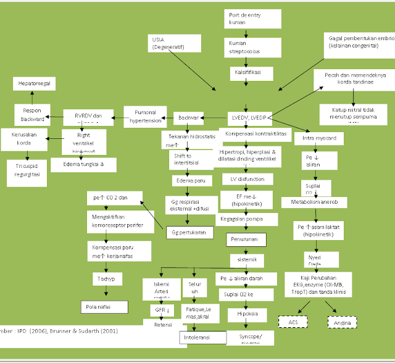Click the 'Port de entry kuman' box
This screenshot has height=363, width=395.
245,18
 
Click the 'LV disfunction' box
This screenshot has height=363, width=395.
247,179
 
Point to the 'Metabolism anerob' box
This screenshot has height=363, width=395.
318,202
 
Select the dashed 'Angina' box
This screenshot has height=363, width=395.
341,322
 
